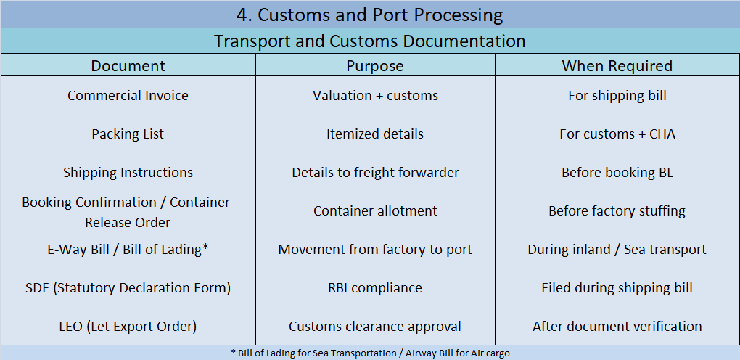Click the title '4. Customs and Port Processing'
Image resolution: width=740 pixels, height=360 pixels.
pyautogui.click(x=369, y=15)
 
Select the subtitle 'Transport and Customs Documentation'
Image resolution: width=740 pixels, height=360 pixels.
pyautogui.click(x=369, y=41)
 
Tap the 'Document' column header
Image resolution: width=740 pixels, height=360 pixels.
pyautogui.click(x=128, y=66)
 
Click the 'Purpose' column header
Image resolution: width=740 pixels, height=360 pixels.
pyautogui.click(x=374, y=66)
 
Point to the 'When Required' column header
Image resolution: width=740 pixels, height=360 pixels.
pyautogui.click(x=617, y=66)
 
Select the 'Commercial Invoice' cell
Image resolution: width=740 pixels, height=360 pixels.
pyautogui.click(x=128, y=96)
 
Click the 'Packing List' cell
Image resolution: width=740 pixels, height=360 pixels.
pyautogui.click(x=128, y=134)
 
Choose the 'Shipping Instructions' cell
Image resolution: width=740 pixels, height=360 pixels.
pyautogui.click(x=128, y=173)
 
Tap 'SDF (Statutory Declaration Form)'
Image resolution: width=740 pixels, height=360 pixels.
pyautogui.click(x=128, y=288)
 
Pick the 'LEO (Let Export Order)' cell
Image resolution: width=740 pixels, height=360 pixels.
pyautogui.click(x=128, y=327)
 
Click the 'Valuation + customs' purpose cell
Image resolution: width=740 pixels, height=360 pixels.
pyautogui.click(x=375, y=96)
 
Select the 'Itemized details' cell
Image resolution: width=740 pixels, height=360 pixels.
pyautogui.click(x=375, y=134)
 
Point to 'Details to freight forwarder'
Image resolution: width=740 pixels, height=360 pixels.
pyautogui.click(x=375, y=173)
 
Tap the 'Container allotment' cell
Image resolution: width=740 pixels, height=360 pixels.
pyautogui.click(x=375, y=211)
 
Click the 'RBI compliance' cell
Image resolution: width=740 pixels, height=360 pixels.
pyautogui.click(x=375, y=288)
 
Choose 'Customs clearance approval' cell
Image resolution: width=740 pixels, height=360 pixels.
pyautogui.click(x=375, y=327)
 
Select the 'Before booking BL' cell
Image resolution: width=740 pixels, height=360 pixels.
pyautogui.click(x=617, y=173)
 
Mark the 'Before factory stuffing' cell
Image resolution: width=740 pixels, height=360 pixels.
pyautogui.click(x=617, y=211)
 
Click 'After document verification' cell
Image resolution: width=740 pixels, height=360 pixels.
pyautogui.click(x=617, y=327)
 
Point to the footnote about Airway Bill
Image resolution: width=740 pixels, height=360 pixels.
pyautogui.click(x=370, y=353)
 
